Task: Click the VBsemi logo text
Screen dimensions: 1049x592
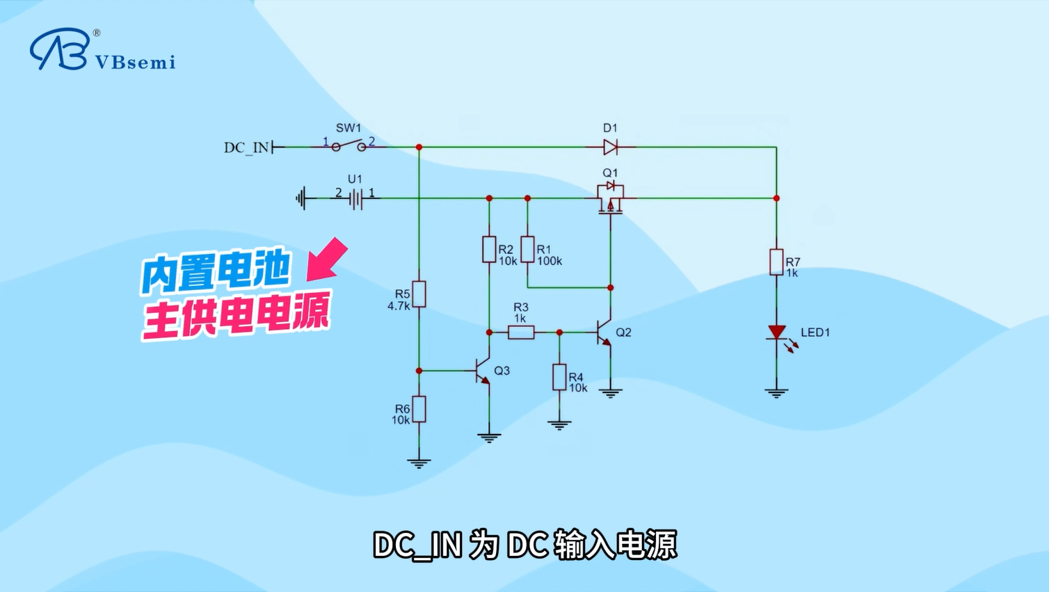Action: pos(136,62)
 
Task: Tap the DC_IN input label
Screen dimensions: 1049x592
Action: pos(246,147)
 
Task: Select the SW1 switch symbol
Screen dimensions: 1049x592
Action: pos(349,145)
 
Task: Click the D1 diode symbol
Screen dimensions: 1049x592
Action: pos(610,147)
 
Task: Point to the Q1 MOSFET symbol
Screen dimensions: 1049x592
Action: pos(610,198)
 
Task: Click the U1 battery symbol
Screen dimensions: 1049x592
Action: pos(355,198)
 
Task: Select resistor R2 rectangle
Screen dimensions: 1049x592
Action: pos(489,249)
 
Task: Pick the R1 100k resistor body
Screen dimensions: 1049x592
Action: pos(527,249)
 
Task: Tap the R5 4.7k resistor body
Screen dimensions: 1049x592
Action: pos(419,294)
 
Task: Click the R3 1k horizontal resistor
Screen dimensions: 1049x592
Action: pos(521,333)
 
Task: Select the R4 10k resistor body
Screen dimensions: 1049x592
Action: pos(559,377)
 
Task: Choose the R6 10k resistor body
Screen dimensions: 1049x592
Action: pos(419,409)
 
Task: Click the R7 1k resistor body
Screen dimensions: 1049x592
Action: pos(776,262)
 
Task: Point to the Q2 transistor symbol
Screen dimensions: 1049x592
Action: pos(604,333)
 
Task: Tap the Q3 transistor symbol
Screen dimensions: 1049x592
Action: pos(482,371)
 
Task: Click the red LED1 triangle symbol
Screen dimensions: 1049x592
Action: pos(776,332)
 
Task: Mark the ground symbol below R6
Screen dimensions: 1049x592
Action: pos(419,464)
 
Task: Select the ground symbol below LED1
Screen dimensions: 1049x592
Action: pos(776,394)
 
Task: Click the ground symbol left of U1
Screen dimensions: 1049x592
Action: pos(301,198)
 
